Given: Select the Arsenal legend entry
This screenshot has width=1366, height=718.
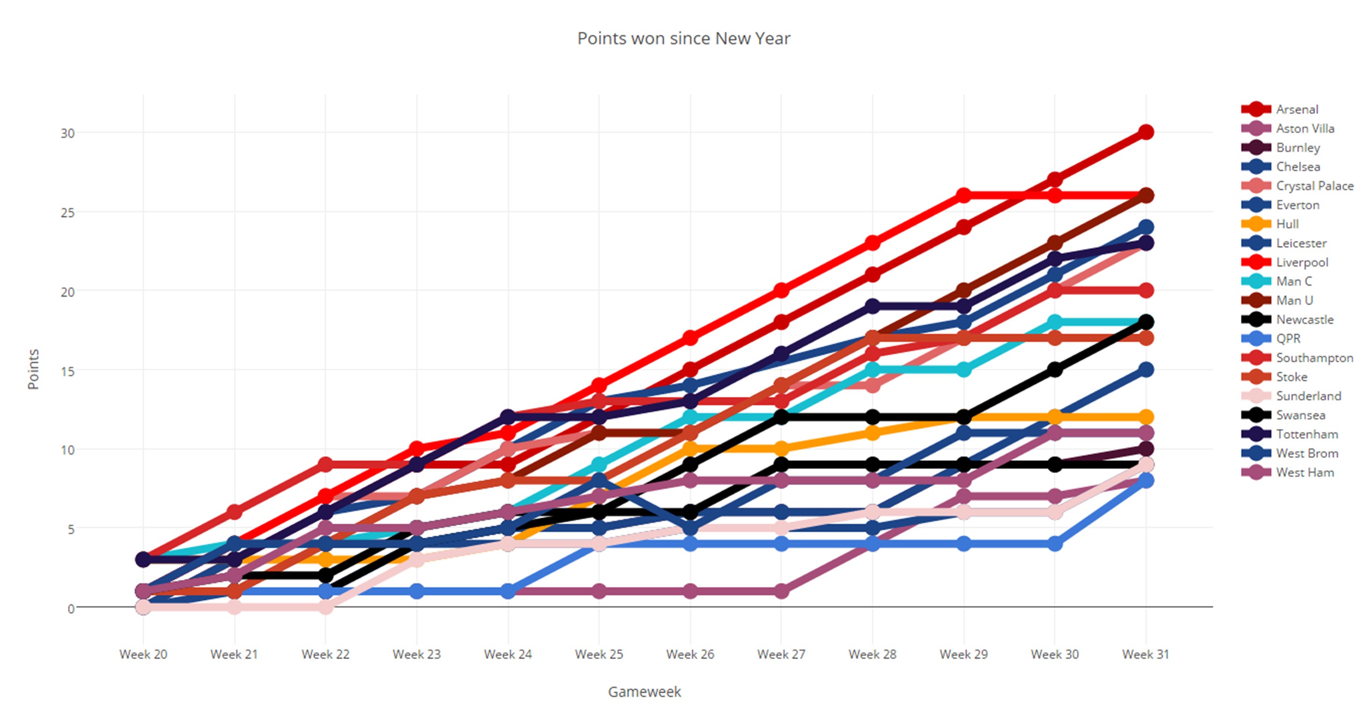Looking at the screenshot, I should (1296, 109).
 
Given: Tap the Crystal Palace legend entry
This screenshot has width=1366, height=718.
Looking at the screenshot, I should (1314, 186).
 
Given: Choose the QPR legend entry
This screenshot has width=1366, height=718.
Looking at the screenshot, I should (1288, 338).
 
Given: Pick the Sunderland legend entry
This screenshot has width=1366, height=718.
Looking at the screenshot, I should (1308, 396).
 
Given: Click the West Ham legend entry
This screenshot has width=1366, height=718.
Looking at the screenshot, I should (1304, 472).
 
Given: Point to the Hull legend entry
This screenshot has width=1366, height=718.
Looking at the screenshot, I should (1287, 223).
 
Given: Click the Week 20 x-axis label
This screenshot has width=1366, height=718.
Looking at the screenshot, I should (143, 654).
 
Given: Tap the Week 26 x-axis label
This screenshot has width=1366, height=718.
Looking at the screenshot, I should (690, 654).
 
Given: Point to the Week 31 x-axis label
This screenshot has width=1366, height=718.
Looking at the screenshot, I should (1145, 654).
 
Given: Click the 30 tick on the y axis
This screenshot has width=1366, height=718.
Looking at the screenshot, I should (67, 133).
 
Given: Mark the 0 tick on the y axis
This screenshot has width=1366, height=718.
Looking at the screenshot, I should (71, 608).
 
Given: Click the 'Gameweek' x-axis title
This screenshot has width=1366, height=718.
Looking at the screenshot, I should (644, 691).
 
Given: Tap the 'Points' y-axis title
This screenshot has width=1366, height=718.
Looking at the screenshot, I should (33, 369).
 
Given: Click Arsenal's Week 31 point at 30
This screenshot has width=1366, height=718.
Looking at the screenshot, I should (1146, 132).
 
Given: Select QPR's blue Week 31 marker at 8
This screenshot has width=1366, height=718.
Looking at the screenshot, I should (1146, 481).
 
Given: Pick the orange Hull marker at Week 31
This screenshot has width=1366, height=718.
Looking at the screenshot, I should (1146, 417).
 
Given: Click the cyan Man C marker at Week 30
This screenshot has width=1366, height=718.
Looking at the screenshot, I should (1055, 322).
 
